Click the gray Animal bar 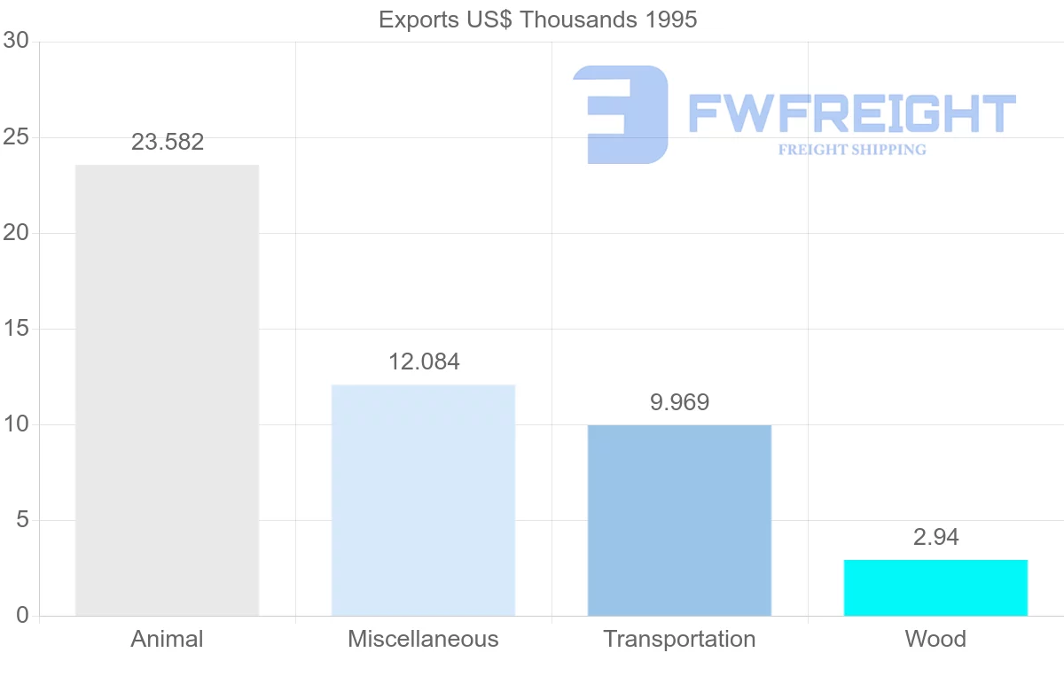167,390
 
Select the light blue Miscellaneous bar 423,500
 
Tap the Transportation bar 679,520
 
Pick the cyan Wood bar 935,587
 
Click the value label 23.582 168,142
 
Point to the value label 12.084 424,361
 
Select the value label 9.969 679,402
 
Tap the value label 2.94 935,537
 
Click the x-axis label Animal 167,639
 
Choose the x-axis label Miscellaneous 423,639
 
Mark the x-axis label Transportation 679,639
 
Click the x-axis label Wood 935,639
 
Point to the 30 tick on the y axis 16,42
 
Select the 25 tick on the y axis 16,137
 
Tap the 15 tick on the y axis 16,329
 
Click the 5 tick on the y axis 22,520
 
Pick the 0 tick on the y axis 22,616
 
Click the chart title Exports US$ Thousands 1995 537,19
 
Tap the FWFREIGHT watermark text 851,113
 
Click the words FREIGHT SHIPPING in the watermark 852,150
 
